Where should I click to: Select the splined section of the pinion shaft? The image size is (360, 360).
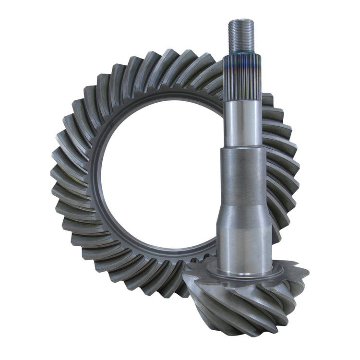(242, 77)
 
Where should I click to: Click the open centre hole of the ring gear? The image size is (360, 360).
(158, 173)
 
